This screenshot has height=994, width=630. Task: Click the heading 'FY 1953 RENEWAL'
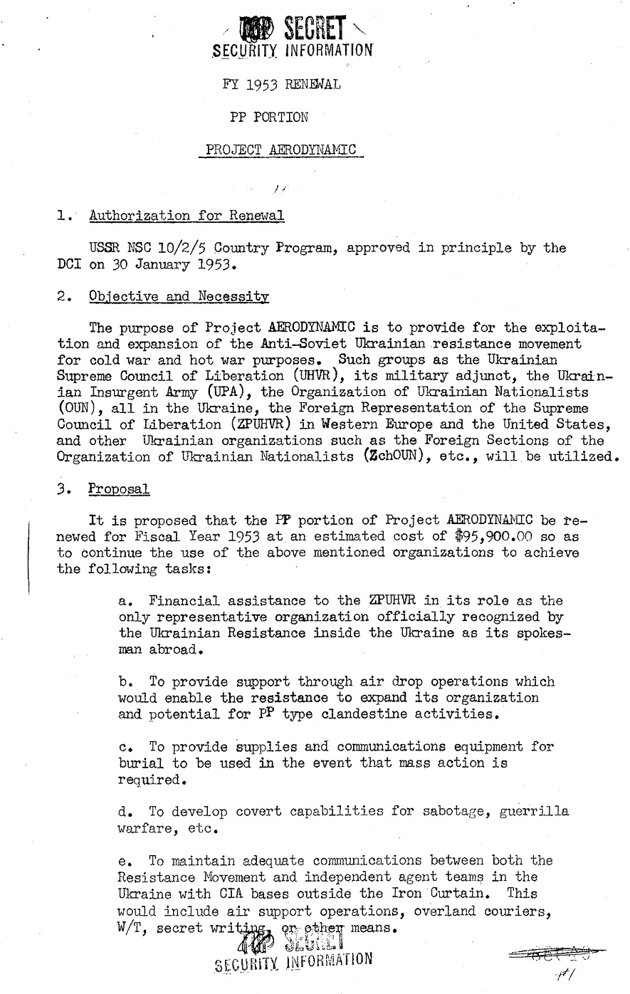point(281,85)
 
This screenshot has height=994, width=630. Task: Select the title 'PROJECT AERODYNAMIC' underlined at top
point(280,150)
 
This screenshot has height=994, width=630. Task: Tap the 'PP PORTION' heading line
point(270,116)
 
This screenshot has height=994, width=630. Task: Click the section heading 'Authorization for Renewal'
point(187,216)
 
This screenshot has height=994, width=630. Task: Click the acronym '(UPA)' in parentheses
point(206,392)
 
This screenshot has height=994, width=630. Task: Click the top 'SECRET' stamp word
point(314,29)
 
